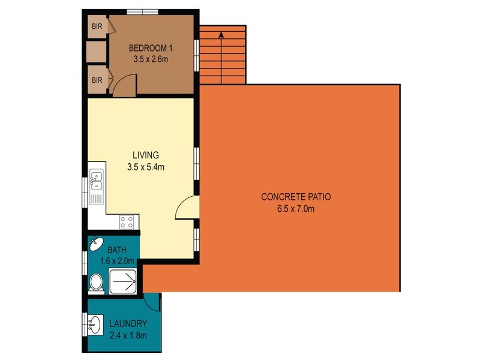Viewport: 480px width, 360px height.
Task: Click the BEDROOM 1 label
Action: pos(150,49)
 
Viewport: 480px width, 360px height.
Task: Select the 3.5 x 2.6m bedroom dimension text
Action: pos(150,59)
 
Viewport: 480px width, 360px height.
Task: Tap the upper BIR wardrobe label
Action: pos(96,26)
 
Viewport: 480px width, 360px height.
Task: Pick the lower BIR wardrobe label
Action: pos(96,79)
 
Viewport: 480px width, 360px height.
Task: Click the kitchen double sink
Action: pos(95,181)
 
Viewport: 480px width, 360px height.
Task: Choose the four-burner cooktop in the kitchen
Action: pos(127,222)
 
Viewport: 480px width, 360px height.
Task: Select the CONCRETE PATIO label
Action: pos(296,197)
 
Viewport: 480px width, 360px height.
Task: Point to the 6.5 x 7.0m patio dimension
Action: pos(296,209)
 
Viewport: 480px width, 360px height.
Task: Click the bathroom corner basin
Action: pos(95,244)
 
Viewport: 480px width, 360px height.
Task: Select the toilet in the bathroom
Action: pos(96,283)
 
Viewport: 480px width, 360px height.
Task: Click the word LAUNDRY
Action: pos(128,325)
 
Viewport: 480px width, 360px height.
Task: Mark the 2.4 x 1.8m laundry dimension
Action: pos(128,335)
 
